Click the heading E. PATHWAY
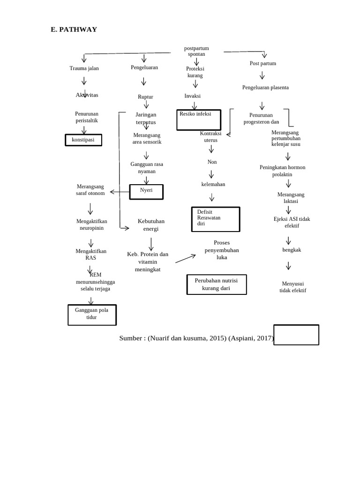(74, 30)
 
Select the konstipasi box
(83, 140)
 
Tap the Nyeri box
(146, 191)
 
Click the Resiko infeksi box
(198, 120)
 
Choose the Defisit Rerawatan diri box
(216, 219)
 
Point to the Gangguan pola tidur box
(92, 315)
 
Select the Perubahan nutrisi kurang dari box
(216, 284)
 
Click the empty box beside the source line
(296, 335)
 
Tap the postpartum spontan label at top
(196, 51)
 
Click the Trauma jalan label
(84, 68)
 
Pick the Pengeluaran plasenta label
(265, 88)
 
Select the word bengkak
(292, 250)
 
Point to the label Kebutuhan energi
(151, 225)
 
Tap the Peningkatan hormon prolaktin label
(282, 171)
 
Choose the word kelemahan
(213, 184)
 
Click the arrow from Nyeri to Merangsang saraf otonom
(120, 192)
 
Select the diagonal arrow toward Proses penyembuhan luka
(186, 258)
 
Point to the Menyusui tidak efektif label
(293, 287)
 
